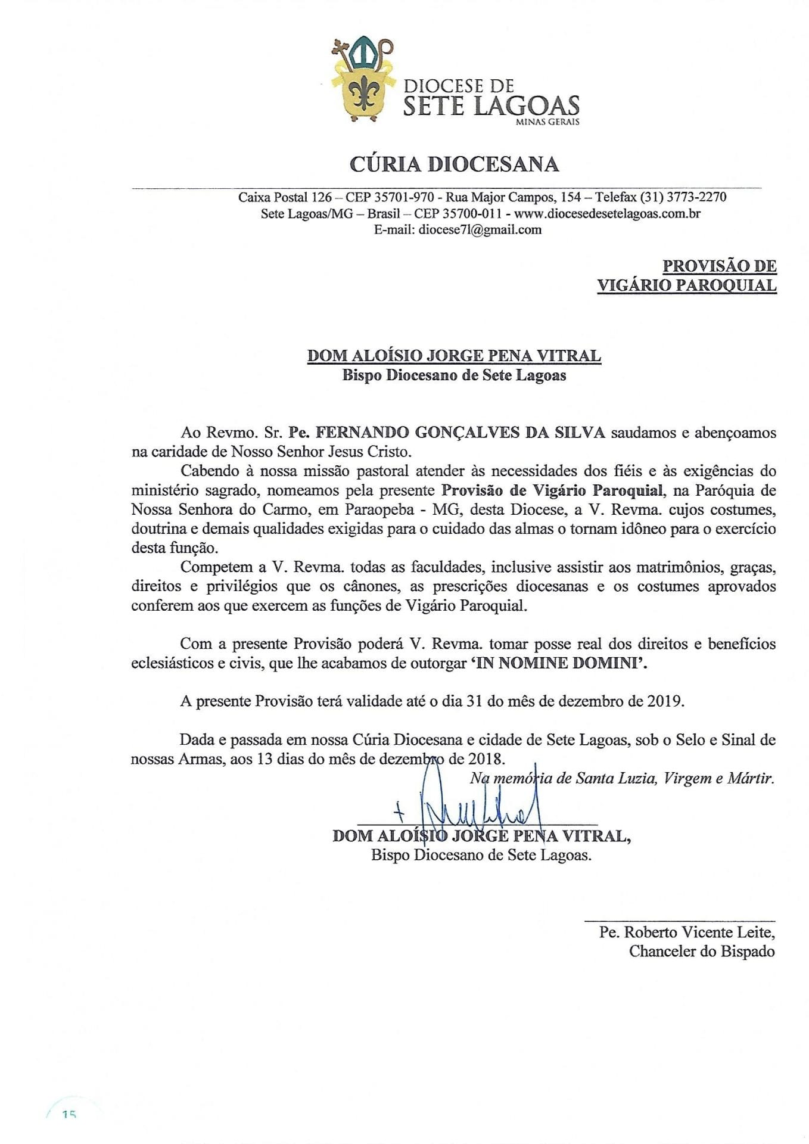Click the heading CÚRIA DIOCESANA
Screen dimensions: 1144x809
tap(454, 164)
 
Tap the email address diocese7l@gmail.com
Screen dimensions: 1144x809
tap(480, 230)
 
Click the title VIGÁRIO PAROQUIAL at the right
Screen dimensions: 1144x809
tap(686, 285)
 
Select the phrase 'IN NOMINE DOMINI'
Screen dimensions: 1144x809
tap(558, 663)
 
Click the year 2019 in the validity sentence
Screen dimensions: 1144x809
tap(664, 701)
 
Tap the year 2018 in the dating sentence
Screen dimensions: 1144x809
tap(486, 759)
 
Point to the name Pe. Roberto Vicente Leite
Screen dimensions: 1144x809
tap(686, 932)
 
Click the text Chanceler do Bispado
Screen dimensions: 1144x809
tap(701, 951)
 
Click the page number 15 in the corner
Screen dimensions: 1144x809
tap(69, 1114)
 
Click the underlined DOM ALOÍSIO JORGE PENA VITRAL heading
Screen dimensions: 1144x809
tap(453, 356)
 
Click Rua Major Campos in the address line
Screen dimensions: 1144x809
tap(508, 197)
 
